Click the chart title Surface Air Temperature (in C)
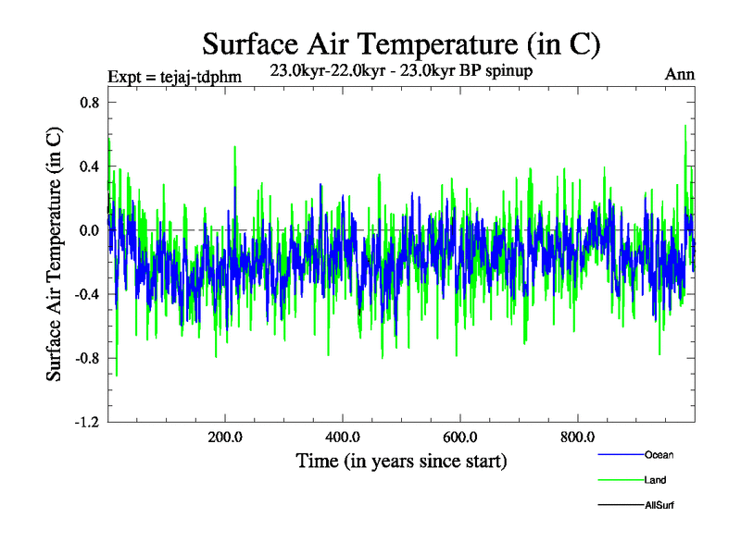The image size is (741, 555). pyautogui.click(x=402, y=44)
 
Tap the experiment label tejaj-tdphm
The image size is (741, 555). pyautogui.click(x=175, y=76)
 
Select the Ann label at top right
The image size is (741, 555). pyautogui.click(x=680, y=74)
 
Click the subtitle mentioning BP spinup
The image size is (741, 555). pyautogui.click(x=401, y=70)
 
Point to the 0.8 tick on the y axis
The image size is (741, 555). pyautogui.click(x=88, y=103)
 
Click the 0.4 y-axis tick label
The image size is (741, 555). pyautogui.click(x=88, y=166)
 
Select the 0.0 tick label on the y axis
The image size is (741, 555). pyautogui.click(x=88, y=230)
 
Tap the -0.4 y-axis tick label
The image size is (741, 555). pyautogui.click(x=86, y=294)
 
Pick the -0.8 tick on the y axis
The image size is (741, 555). pyautogui.click(x=86, y=358)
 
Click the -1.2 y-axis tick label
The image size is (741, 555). pyautogui.click(x=86, y=422)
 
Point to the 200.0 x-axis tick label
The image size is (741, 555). pyautogui.click(x=225, y=438)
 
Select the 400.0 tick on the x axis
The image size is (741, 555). pyautogui.click(x=343, y=438)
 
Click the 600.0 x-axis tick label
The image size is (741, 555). pyautogui.click(x=459, y=438)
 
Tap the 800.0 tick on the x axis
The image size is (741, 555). pyautogui.click(x=577, y=438)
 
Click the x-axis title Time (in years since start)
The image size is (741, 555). pyautogui.click(x=401, y=461)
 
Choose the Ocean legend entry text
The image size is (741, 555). pyautogui.click(x=659, y=454)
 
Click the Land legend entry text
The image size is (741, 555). pyautogui.click(x=655, y=480)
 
